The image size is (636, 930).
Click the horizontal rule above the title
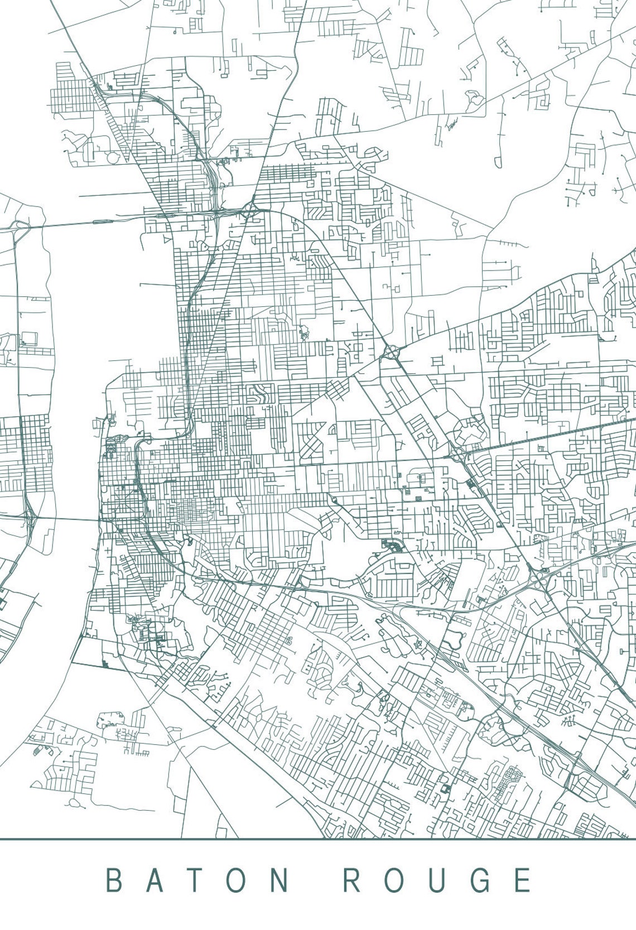tap(318, 839)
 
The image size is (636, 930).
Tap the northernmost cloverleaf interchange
tap(392, 352)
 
